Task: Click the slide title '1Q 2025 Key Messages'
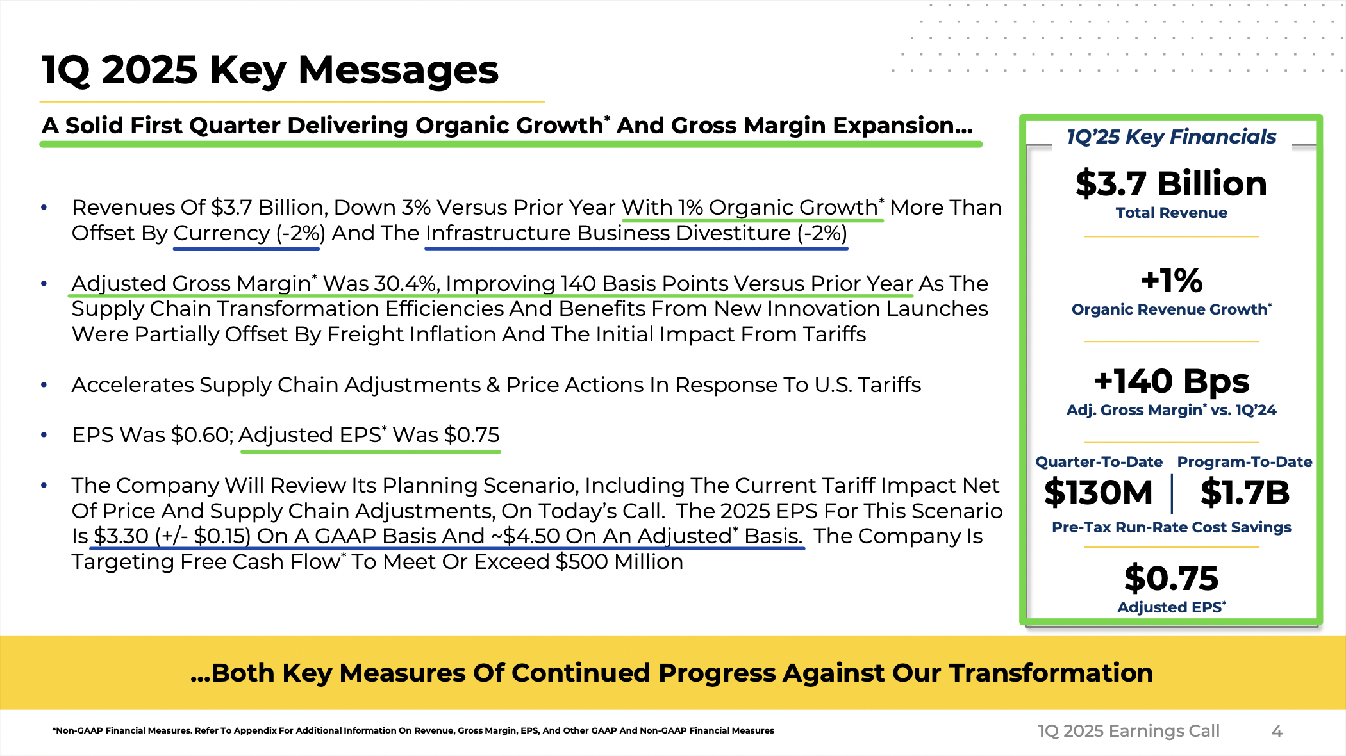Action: click(270, 70)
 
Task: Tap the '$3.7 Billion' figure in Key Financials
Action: click(1171, 184)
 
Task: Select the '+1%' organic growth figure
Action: click(1172, 281)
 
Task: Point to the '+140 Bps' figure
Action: click(1172, 381)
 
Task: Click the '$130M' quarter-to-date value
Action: click(1099, 493)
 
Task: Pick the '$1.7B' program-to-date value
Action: click(1245, 493)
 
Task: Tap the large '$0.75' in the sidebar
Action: click(1171, 578)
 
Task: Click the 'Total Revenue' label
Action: click(1171, 213)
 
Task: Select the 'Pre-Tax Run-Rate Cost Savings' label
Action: click(1171, 527)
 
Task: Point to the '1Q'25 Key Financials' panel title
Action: click(1171, 136)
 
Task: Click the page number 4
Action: click(1277, 731)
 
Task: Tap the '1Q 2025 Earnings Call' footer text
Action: click(1129, 731)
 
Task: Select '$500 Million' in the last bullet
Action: click(619, 561)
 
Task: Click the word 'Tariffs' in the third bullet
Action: click(890, 384)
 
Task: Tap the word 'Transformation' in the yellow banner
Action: click(1051, 673)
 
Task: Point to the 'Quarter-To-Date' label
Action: click(1099, 462)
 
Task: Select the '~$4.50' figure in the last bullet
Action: click(526, 536)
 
